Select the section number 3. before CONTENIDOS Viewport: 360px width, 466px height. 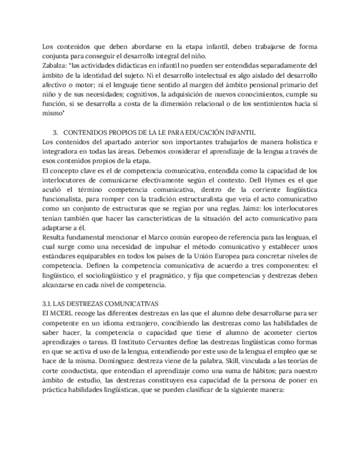click(56, 132)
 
